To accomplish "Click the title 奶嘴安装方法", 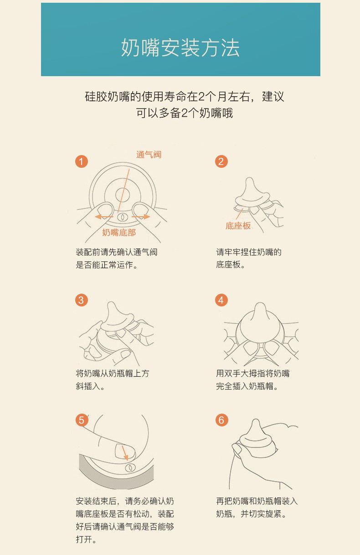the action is pyautogui.click(x=180, y=47).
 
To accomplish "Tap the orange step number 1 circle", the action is pyautogui.click(x=82, y=161).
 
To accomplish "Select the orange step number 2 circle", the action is pyautogui.click(x=221, y=161).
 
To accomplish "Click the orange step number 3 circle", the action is pyautogui.click(x=82, y=300).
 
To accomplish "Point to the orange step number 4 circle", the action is pyautogui.click(x=221, y=300).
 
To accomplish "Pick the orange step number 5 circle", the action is pyautogui.click(x=82, y=420).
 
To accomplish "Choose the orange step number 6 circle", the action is pyautogui.click(x=221, y=420).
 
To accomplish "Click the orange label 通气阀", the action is pyautogui.click(x=149, y=155).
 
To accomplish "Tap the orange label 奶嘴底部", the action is pyautogui.click(x=119, y=233).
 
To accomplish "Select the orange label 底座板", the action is pyautogui.click(x=238, y=226).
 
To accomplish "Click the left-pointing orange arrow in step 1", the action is pyautogui.click(x=104, y=217).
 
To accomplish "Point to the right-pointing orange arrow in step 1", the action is pyautogui.click(x=141, y=217).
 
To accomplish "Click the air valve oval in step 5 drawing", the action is pyautogui.click(x=129, y=468).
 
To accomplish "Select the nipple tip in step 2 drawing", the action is pyautogui.click(x=250, y=180).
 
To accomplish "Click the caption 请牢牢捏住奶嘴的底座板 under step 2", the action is pyautogui.click(x=249, y=259).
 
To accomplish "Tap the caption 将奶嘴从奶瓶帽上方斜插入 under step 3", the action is pyautogui.click(x=113, y=380).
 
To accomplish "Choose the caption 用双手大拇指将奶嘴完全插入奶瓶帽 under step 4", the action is pyautogui.click(x=252, y=380).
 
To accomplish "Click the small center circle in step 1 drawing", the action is pyautogui.click(x=123, y=195).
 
